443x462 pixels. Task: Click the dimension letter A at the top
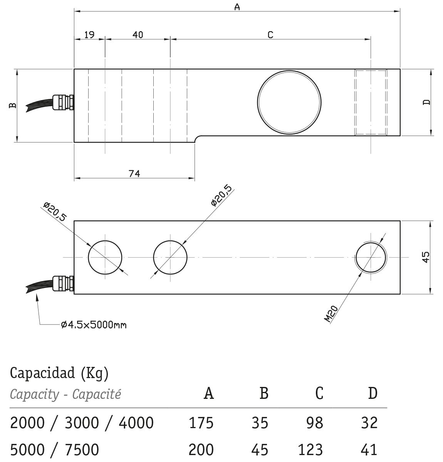(237, 7)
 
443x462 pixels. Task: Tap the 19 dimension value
(89, 35)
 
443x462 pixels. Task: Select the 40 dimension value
(138, 35)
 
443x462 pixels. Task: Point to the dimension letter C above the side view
(270, 35)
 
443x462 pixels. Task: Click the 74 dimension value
(134, 174)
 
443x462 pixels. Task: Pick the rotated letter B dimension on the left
(13, 105)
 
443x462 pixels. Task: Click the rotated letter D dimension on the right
(426, 102)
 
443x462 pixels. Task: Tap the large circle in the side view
(289, 101)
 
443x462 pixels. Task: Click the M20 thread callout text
(331, 314)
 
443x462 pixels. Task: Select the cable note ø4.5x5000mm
(94, 325)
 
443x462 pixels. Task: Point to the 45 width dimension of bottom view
(425, 257)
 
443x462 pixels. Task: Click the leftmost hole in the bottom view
(105, 257)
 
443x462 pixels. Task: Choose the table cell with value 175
(201, 423)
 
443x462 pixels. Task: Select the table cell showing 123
(310, 449)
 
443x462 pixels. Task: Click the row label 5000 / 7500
(54, 449)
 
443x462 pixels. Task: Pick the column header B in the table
(263, 393)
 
